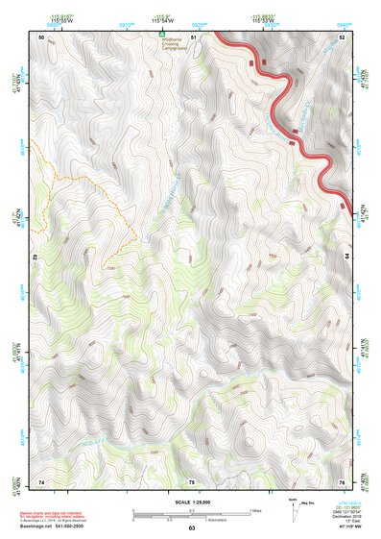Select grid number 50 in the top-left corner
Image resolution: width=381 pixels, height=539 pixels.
click(x=41, y=37)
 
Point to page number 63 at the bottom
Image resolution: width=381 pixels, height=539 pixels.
click(x=191, y=528)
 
